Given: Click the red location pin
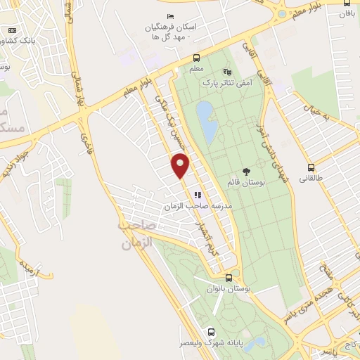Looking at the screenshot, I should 181,165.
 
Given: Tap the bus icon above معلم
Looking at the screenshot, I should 195,58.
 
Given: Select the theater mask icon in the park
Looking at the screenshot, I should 226,72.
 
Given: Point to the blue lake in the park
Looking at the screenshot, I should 206,121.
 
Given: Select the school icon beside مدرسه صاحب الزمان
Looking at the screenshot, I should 198,195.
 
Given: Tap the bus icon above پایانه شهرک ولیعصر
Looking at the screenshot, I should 210,332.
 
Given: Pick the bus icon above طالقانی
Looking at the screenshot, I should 311,167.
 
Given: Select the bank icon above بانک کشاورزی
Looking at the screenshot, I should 13,30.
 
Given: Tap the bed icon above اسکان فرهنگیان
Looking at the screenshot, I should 170,16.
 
